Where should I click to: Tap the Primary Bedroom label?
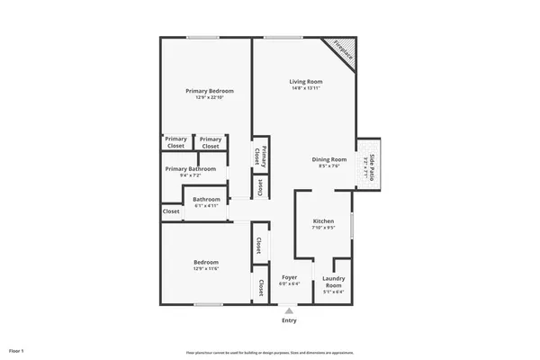210,91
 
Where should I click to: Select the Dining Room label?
329,159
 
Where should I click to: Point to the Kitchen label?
323,221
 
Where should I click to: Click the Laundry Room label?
334,282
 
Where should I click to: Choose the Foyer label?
290,277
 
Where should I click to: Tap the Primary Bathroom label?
190,168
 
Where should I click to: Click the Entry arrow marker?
289,310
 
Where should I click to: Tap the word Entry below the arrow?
289,320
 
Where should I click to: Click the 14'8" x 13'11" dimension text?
306,88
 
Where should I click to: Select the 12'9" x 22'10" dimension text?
210,97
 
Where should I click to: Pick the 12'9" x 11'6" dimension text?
206,268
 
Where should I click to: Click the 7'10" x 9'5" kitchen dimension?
323,228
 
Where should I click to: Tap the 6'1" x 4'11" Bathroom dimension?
206,205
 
